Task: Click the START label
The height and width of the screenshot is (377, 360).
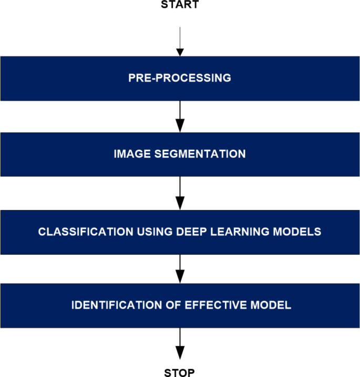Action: click(x=180, y=5)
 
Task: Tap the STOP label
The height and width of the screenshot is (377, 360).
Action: click(x=180, y=373)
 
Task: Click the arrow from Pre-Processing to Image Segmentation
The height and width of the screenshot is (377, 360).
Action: click(x=180, y=116)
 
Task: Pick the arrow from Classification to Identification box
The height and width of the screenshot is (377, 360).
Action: click(x=180, y=269)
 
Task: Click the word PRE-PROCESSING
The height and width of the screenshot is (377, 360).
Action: click(x=180, y=78)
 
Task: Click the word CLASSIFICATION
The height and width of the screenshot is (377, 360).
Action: click(x=77, y=232)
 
